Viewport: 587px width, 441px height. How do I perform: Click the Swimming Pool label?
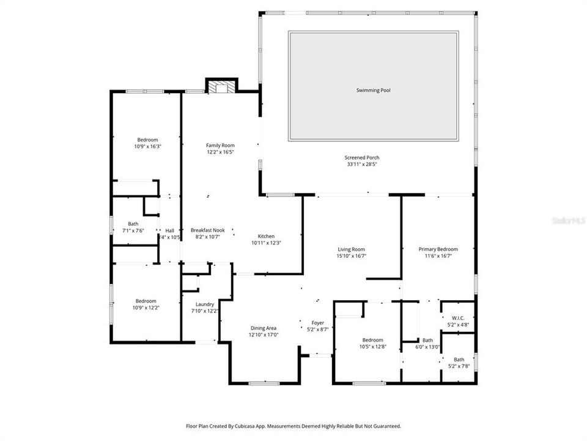[373, 90]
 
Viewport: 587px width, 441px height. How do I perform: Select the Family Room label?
[220, 145]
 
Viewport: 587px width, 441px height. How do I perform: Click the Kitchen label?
[266, 236]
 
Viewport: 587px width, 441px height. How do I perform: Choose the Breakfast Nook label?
[207, 230]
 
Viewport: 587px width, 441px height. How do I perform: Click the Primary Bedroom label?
[438, 249]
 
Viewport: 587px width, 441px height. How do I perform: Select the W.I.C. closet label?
[458, 317]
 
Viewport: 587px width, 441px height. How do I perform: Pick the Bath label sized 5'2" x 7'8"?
[459, 360]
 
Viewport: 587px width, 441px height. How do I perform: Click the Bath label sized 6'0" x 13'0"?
[427, 341]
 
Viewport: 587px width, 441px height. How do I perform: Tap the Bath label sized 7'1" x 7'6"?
[133, 224]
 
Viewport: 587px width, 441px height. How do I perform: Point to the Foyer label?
[317, 322]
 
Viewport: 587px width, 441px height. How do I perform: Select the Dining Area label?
[264, 328]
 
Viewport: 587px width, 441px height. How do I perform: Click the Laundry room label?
[205, 304]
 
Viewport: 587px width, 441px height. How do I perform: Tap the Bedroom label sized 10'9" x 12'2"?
[146, 301]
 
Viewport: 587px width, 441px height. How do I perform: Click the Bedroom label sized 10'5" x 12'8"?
[372, 340]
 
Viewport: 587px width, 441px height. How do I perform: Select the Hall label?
[169, 230]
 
